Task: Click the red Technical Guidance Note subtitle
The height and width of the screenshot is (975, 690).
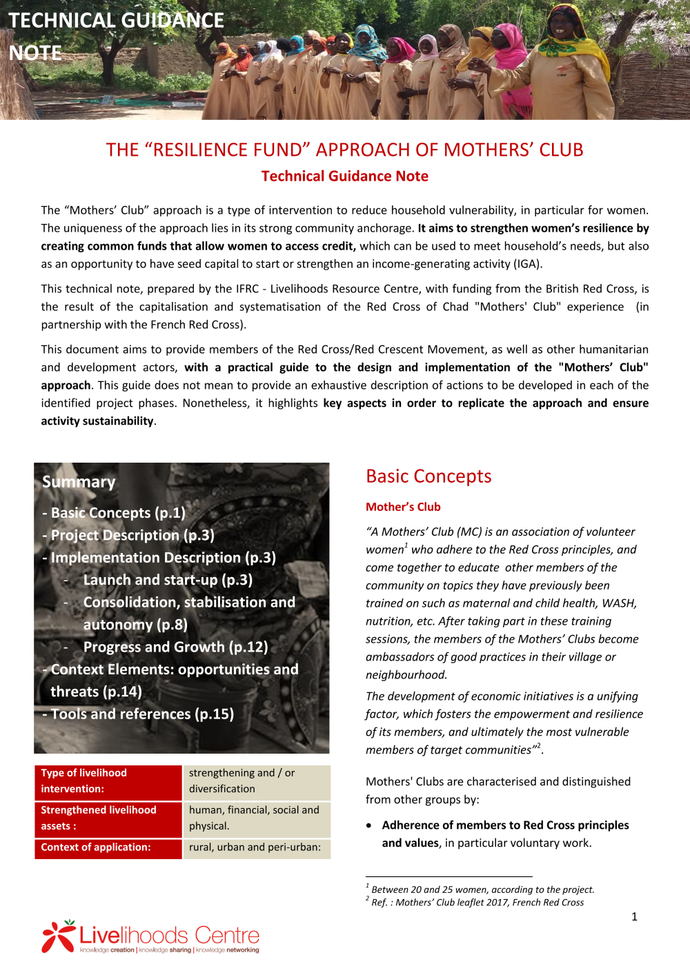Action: point(344,177)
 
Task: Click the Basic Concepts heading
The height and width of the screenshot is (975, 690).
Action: point(428,476)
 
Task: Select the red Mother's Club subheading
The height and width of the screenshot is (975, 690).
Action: point(403,507)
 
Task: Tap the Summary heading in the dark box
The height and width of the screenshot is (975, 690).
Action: point(79,482)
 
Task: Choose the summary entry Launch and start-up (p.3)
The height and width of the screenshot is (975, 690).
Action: point(168,580)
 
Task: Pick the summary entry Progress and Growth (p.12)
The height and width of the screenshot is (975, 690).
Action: point(175,647)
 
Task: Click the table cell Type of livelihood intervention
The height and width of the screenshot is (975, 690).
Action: point(108,781)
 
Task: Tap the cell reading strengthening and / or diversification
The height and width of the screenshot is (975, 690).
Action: point(255,781)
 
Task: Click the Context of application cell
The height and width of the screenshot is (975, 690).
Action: point(108,847)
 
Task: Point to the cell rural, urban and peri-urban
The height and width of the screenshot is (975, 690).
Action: point(255,847)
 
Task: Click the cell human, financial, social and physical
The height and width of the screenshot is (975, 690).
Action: point(255,818)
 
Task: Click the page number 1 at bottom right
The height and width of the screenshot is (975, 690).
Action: point(634,916)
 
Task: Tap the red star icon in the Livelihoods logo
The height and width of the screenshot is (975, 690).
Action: point(59,936)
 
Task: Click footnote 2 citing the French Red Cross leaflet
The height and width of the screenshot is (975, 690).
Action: point(476,903)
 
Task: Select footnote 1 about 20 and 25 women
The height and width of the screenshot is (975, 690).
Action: point(482,889)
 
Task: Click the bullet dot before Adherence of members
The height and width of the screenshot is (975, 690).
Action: point(371,825)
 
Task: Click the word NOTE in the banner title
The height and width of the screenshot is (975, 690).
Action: point(35,53)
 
